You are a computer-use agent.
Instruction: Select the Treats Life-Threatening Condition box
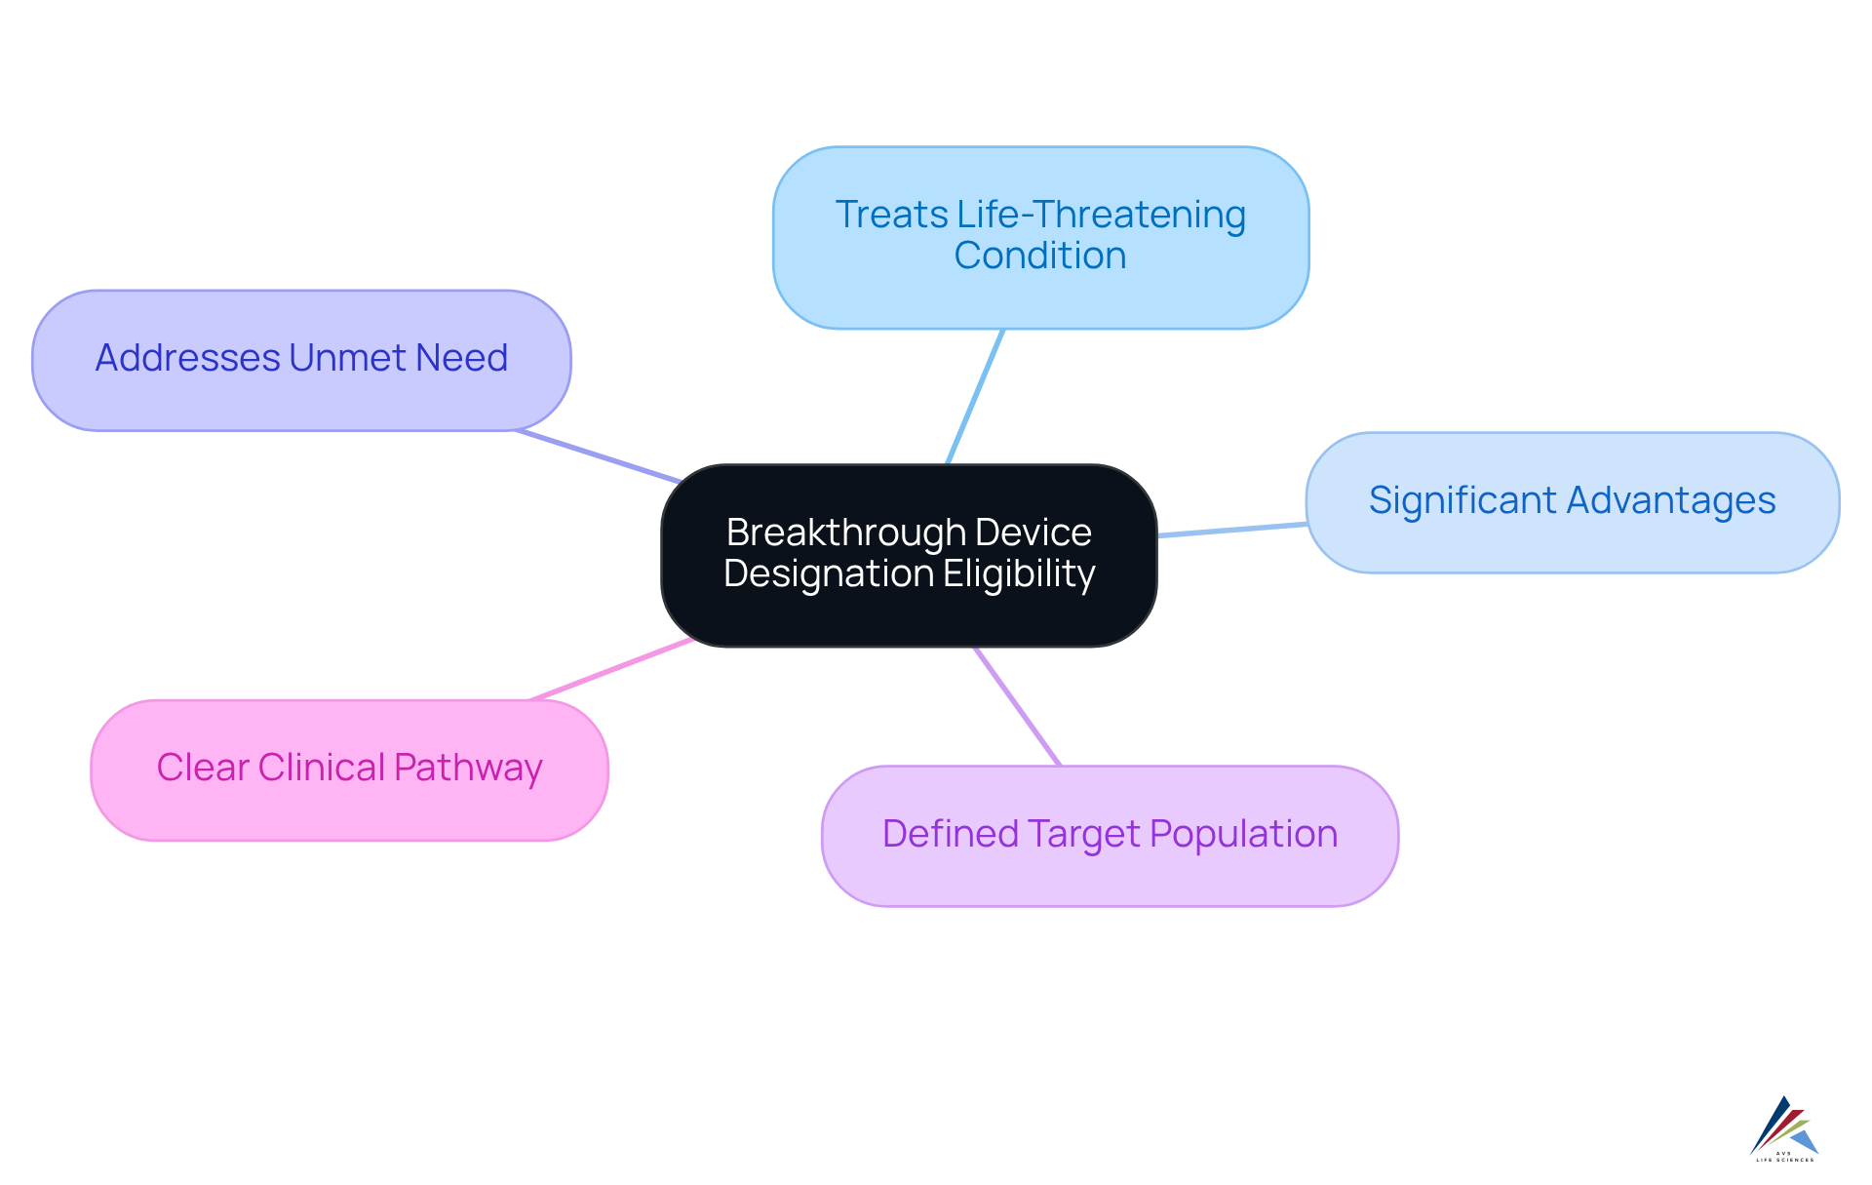point(1040,293)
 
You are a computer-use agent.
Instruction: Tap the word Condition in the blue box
point(1039,256)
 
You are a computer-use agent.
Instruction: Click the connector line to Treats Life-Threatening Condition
point(975,396)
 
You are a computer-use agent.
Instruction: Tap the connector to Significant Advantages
point(1231,530)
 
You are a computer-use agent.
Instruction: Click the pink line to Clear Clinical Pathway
point(611,669)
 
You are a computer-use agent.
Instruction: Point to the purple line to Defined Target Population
point(1017,706)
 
